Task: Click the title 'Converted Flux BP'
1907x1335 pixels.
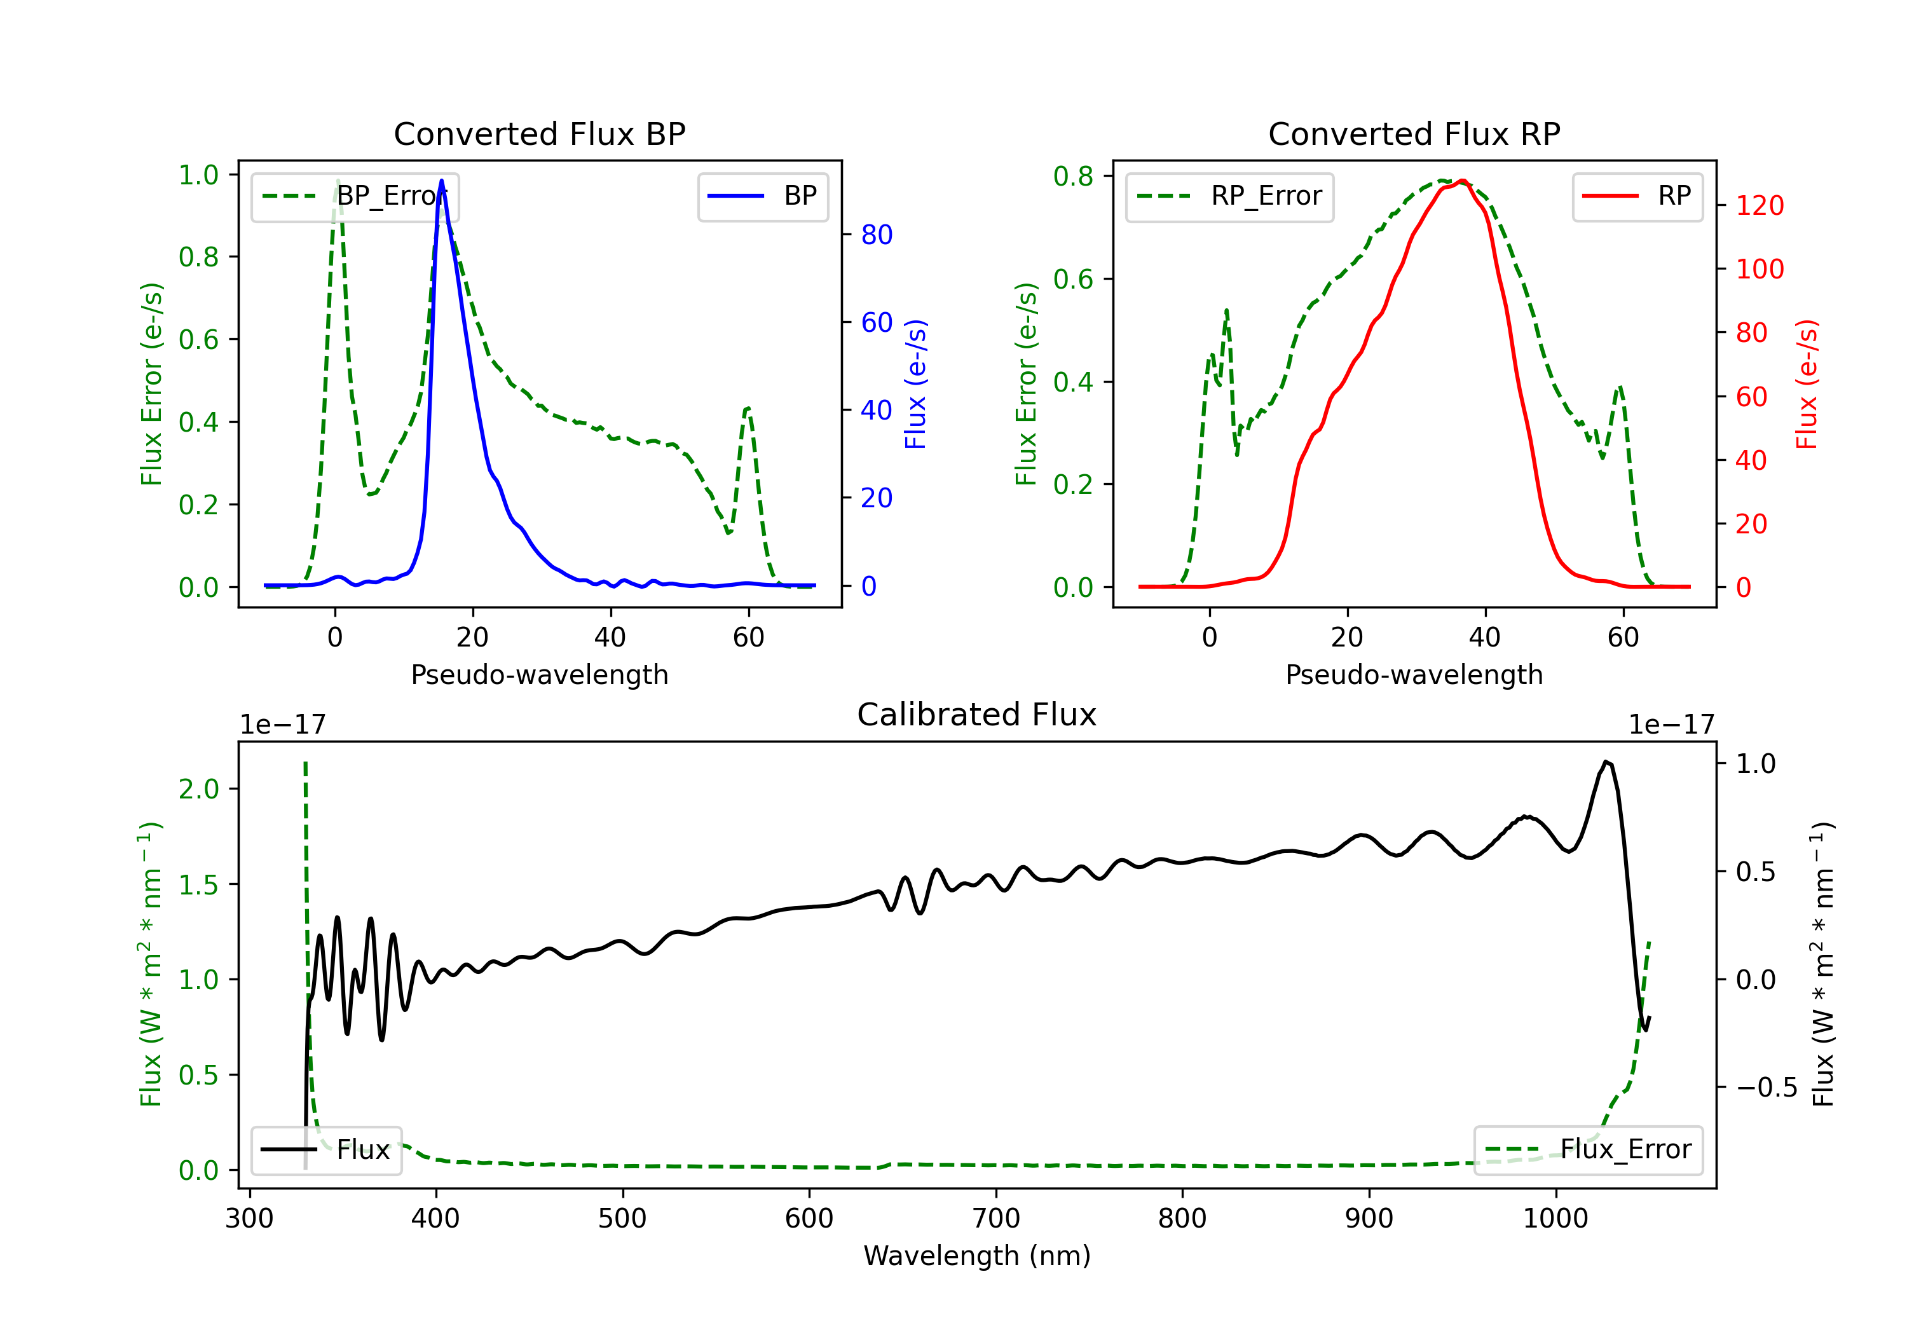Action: click(539, 133)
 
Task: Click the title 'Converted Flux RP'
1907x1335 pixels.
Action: click(1414, 133)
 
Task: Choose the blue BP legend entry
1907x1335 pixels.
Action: click(762, 196)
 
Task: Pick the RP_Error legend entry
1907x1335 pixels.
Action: click(1229, 196)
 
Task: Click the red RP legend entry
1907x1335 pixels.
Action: click(1636, 196)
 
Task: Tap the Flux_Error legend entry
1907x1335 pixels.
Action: click(1588, 1150)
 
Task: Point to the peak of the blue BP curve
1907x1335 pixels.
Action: click(441, 181)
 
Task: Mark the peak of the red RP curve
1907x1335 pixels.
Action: click(1463, 181)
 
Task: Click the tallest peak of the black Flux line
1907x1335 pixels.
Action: click(1606, 761)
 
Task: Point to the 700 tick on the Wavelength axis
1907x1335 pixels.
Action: click(996, 1219)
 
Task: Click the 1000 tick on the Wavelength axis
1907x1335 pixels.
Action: click(1555, 1219)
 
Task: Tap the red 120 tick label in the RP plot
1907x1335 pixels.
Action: click(1759, 205)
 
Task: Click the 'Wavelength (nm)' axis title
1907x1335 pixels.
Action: click(977, 1256)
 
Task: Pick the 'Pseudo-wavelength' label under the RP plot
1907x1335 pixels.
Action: click(1414, 674)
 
